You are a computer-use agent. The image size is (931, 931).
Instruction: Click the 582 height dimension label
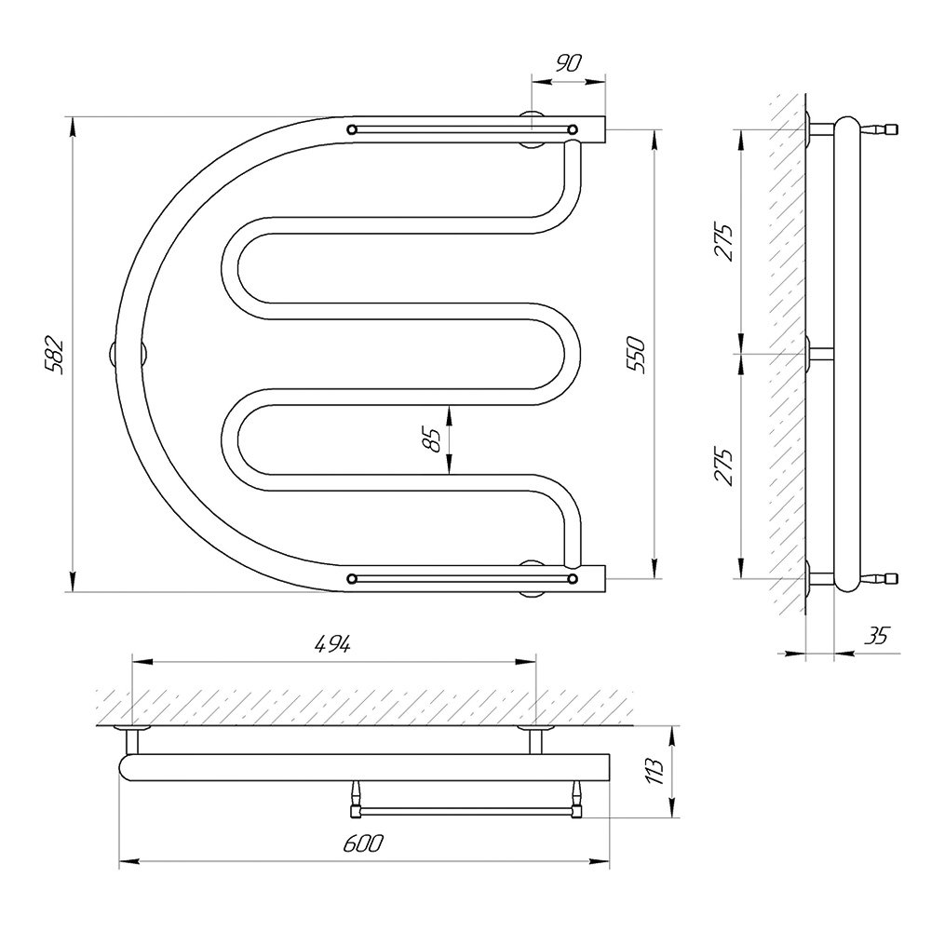pos(53,355)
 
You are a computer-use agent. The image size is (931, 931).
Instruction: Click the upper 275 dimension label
pos(723,242)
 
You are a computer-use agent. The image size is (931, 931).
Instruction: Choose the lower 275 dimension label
pos(723,466)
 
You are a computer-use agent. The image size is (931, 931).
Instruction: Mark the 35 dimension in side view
pos(877,635)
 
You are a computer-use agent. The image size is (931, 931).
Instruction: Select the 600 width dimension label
pos(363,843)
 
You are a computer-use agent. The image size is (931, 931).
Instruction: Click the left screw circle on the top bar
pos(352,128)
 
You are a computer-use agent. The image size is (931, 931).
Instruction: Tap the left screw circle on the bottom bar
pos(352,578)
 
